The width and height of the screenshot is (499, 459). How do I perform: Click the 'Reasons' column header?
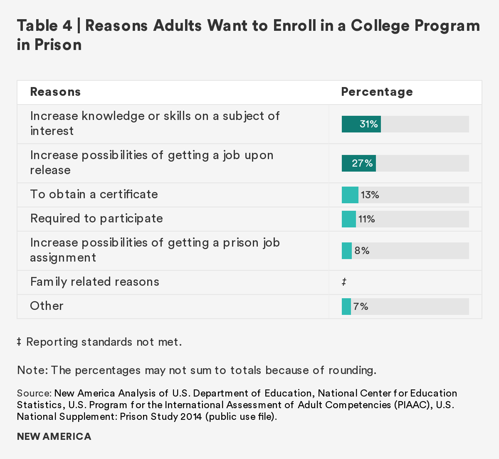click(55, 92)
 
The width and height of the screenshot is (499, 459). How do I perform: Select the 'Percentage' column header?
click(377, 92)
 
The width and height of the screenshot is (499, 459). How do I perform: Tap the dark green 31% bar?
click(361, 124)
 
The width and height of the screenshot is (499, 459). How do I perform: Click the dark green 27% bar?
click(358, 163)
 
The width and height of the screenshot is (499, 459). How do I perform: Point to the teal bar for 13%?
click(350, 195)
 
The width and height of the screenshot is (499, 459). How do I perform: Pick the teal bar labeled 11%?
click(348, 219)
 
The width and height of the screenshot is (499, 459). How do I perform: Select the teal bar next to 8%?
click(346, 251)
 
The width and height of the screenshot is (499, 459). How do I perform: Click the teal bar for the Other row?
click(346, 307)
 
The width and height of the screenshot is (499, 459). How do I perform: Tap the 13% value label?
click(370, 195)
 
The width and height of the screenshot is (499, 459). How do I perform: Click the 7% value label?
click(361, 307)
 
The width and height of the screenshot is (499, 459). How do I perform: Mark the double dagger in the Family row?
click(344, 282)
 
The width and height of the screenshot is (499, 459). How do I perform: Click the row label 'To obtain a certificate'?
click(94, 195)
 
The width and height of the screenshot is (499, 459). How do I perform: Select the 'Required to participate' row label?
click(96, 219)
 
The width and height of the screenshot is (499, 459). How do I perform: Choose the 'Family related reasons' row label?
click(95, 282)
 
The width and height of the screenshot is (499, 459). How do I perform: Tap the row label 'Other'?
click(47, 306)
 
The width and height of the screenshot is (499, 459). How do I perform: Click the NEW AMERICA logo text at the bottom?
click(54, 437)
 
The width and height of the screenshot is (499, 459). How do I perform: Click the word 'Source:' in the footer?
click(34, 394)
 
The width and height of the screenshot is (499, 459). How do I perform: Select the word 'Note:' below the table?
click(32, 370)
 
